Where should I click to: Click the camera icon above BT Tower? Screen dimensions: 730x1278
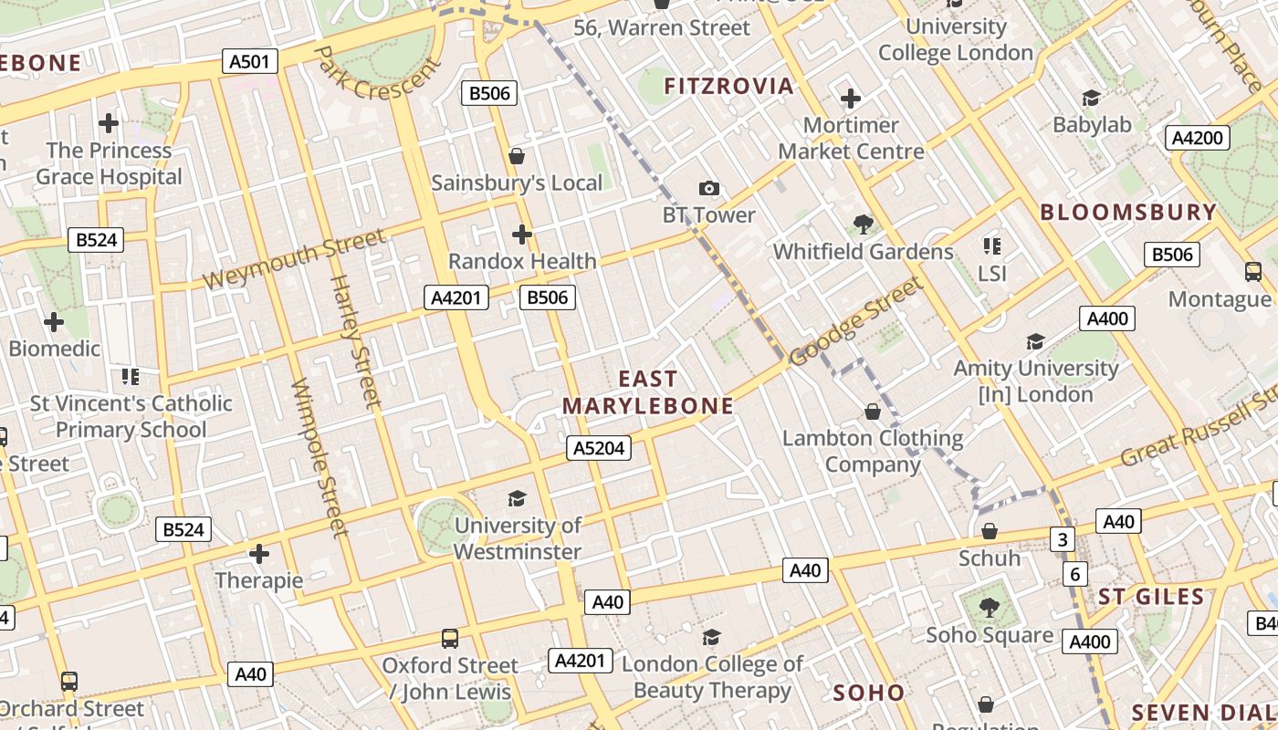708,189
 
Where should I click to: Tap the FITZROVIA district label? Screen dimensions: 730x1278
728,87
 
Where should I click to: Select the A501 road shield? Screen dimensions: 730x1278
250,62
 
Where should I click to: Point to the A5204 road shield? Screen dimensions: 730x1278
599,447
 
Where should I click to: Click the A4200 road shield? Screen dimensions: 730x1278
1198,138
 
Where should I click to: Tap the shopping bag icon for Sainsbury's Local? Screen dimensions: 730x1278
517,156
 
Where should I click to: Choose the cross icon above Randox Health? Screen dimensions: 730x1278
521,235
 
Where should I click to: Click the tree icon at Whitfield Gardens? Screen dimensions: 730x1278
863,224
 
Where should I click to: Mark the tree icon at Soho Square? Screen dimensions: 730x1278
989,608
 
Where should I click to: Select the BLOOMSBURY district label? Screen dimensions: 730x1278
1128,213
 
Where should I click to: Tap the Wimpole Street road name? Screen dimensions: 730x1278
319,456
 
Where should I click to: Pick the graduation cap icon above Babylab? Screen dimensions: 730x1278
1091,99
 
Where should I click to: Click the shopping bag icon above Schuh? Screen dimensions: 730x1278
990,531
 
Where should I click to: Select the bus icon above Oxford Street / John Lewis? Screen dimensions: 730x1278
450,639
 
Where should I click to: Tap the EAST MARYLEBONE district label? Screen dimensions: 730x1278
648,392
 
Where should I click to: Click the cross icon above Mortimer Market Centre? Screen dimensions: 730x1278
851,99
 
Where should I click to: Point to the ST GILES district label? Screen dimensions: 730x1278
1151,598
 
